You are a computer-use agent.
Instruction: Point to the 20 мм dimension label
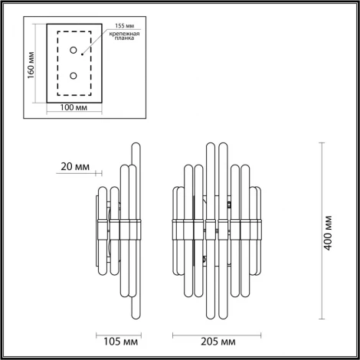(73, 163)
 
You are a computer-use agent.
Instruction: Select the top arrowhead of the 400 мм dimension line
(320, 142)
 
